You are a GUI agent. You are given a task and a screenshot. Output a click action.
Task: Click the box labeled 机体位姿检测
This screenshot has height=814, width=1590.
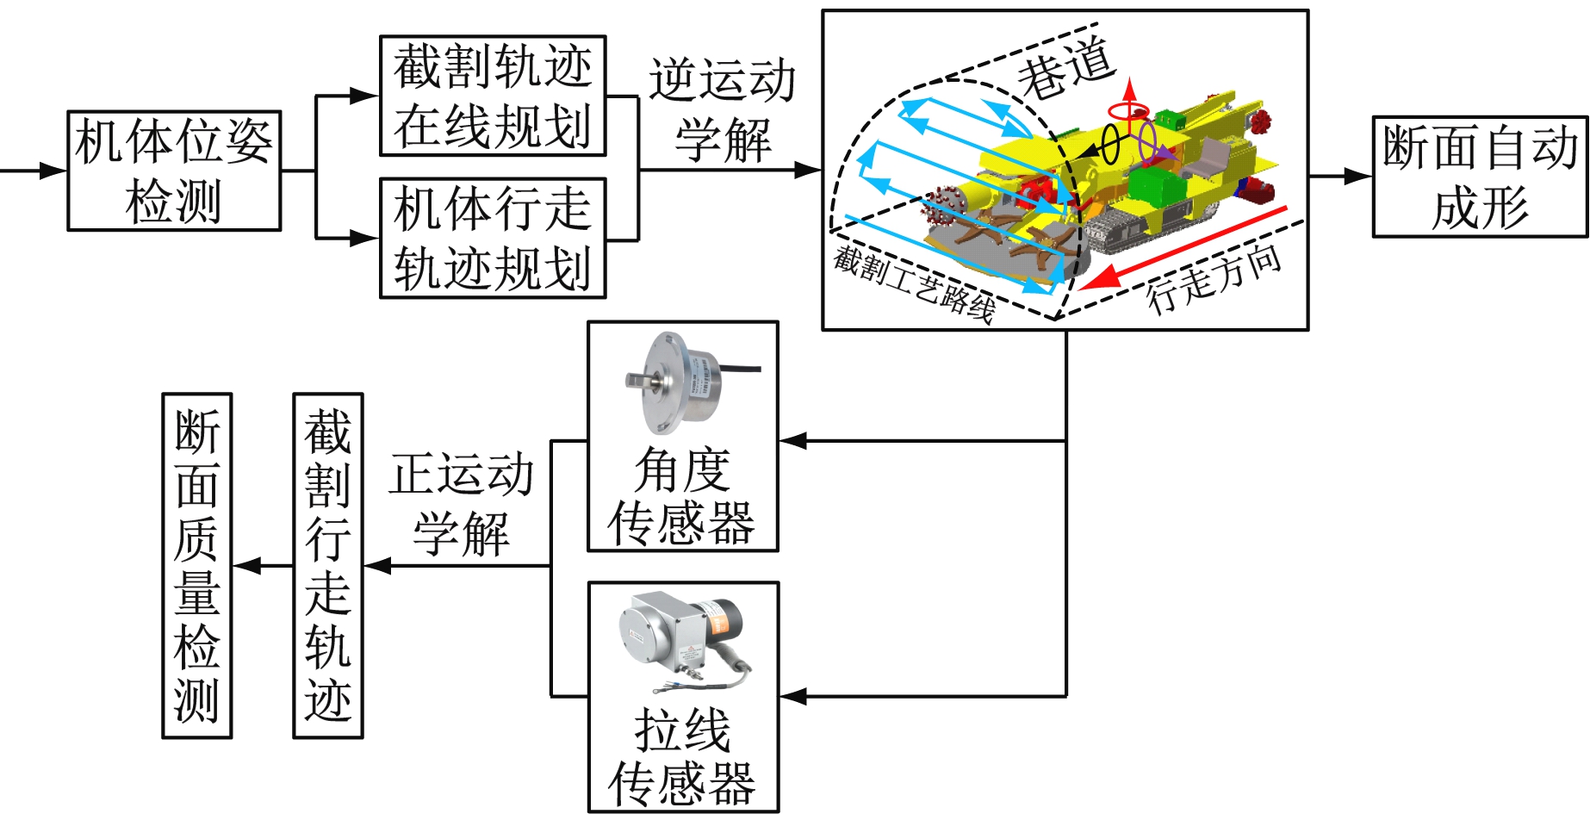tap(174, 171)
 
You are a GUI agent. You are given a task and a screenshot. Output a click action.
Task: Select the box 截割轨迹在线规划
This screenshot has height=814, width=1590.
tap(493, 96)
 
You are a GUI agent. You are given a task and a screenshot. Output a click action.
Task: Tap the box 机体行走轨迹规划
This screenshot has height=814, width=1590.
tap(493, 238)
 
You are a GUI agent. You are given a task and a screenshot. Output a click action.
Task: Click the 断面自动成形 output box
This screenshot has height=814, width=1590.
tap(1479, 177)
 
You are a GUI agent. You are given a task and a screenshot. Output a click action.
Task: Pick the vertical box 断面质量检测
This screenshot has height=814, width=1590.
tap(197, 565)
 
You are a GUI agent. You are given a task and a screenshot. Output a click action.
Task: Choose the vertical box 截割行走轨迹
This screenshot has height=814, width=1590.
tap(328, 565)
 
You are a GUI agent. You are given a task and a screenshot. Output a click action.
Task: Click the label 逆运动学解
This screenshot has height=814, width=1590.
tap(722, 110)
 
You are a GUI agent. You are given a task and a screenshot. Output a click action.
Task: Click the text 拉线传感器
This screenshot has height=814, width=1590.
tap(682, 757)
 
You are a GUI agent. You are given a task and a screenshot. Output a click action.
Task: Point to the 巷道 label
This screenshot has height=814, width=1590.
tap(1066, 67)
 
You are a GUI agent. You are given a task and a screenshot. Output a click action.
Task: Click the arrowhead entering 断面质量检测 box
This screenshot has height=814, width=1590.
tap(245, 566)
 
